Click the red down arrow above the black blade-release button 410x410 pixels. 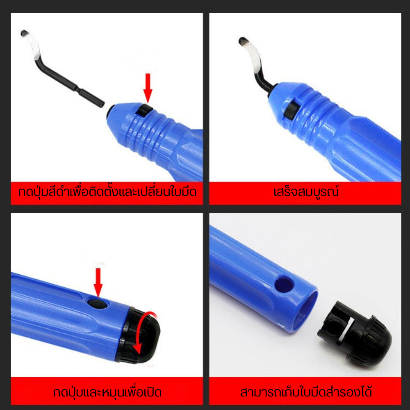pyautogui.click(x=148, y=88)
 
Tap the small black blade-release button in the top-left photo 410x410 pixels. pyautogui.click(x=143, y=110)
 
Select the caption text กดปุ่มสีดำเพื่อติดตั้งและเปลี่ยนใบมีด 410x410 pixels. pyautogui.click(x=107, y=192)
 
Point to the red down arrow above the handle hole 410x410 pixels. pyautogui.click(x=98, y=282)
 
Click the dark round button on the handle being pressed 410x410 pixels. pyautogui.click(x=97, y=304)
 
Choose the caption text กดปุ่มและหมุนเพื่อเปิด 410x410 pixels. pyautogui.click(x=107, y=392)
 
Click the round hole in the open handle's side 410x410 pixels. pyautogui.click(x=284, y=285)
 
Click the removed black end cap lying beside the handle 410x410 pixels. pyautogui.click(x=354, y=333)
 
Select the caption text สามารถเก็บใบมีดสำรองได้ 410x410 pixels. pyautogui.click(x=306, y=392)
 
